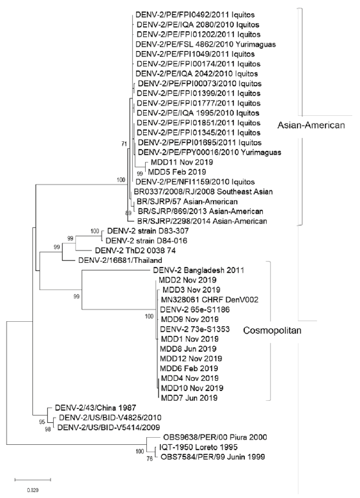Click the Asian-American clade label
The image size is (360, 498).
(311, 125)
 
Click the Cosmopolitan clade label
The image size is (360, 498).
(272, 331)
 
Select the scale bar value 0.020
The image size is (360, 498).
(32, 490)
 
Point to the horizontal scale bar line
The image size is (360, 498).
(33, 479)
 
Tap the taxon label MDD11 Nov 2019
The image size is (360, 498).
(181, 162)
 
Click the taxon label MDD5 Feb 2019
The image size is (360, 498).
(177, 172)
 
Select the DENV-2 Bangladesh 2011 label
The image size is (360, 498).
(198, 270)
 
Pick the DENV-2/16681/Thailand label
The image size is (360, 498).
(120, 260)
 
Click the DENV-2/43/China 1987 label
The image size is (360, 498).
(95, 407)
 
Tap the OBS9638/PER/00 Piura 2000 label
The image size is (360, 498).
(215, 437)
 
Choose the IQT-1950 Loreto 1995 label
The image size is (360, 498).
(198, 447)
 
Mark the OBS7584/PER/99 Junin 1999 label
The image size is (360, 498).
(213, 457)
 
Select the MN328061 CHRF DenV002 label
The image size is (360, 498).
(210, 299)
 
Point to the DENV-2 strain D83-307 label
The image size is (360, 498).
(148, 231)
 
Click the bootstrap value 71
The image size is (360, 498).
(124, 144)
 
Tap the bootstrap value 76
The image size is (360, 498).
(150, 458)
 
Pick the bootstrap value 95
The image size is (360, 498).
(42, 422)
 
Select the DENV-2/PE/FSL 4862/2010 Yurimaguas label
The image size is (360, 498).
(206, 44)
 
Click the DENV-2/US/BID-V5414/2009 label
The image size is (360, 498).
(109, 427)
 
